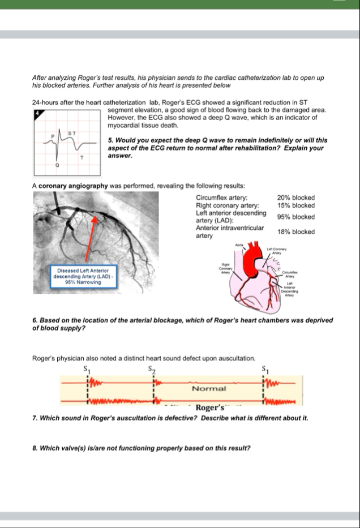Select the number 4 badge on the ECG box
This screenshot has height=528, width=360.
point(37,113)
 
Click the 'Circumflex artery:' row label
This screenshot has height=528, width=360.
point(221,198)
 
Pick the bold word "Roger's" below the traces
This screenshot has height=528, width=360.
point(211,408)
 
